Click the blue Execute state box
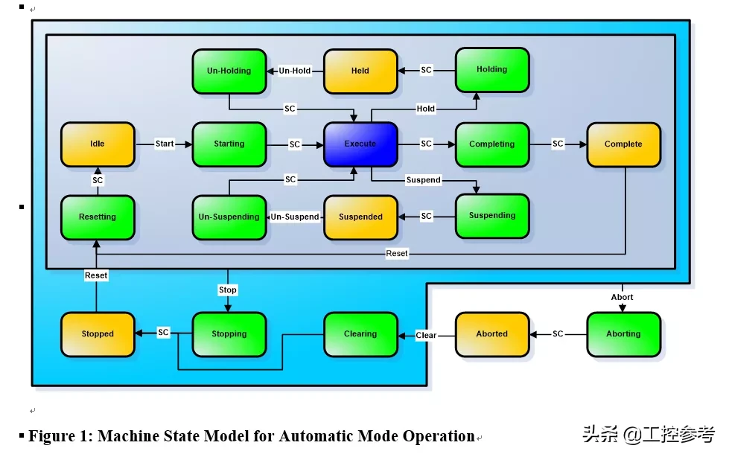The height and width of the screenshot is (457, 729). [360, 144]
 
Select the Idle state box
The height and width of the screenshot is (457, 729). [98, 144]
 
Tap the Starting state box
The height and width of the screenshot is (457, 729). [229, 144]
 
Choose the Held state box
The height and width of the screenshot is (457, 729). [360, 71]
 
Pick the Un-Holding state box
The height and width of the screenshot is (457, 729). [229, 71]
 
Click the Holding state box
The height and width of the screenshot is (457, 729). [492, 70]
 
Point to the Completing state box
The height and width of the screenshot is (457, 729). [492, 144]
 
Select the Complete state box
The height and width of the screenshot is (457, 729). [623, 144]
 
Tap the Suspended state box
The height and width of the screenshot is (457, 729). [360, 217]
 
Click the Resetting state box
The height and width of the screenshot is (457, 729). [98, 217]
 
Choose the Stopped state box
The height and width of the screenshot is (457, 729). [98, 334]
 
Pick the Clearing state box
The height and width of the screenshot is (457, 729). [360, 334]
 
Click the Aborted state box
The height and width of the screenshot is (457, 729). [492, 334]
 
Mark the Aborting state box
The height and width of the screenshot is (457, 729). [623, 334]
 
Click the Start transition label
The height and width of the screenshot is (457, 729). [164, 144]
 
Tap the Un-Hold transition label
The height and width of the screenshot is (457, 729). [295, 71]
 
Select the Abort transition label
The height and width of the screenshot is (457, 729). [623, 297]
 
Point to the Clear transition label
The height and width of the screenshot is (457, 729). [426, 335]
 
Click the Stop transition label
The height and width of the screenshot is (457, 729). [228, 290]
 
